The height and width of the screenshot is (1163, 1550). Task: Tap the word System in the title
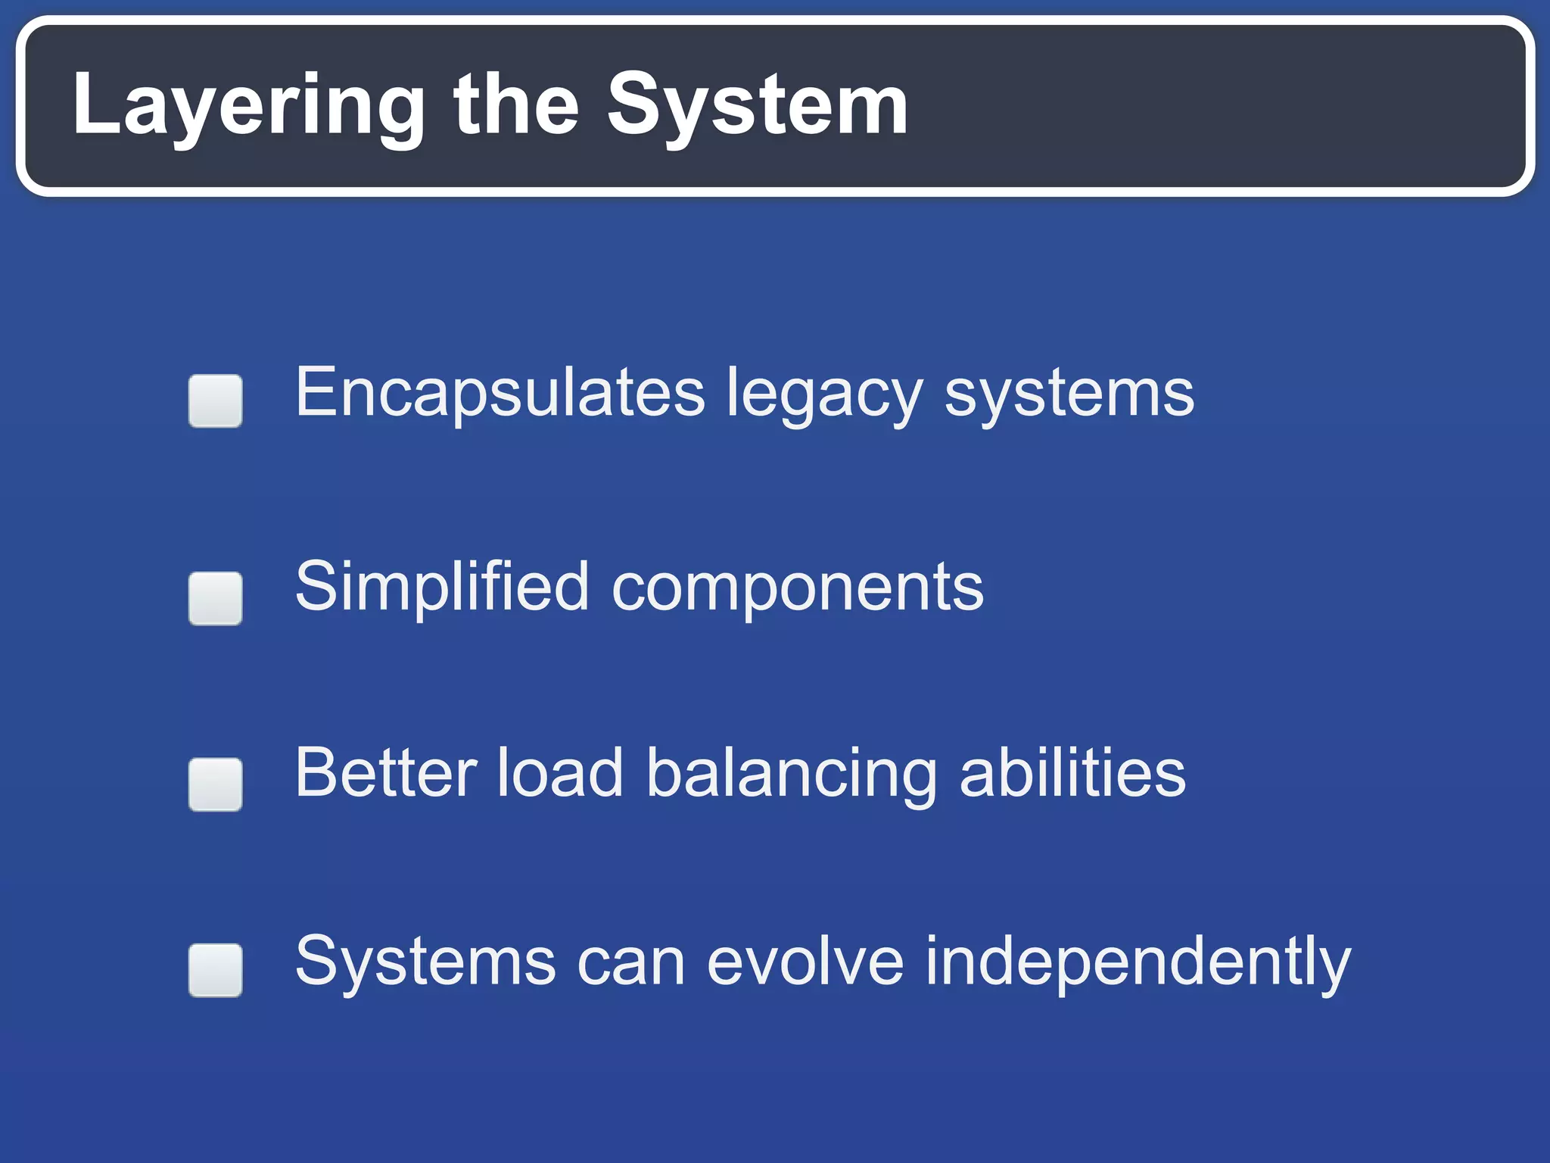(x=757, y=106)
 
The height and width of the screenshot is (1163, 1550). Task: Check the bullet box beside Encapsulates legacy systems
(x=216, y=401)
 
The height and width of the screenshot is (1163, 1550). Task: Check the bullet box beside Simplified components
(x=216, y=598)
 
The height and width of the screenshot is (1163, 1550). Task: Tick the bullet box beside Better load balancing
(x=216, y=784)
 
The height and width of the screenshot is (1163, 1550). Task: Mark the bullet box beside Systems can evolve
(x=216, y=970)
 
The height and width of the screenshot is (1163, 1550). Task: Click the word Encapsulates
(x=500, y=394)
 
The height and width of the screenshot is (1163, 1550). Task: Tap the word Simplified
(x=441, y=588)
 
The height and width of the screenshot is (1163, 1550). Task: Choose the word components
(x=797, y=591)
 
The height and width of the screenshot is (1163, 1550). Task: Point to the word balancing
(x=792, y=777)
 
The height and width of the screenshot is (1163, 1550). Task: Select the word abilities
(x=1072, y=774)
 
